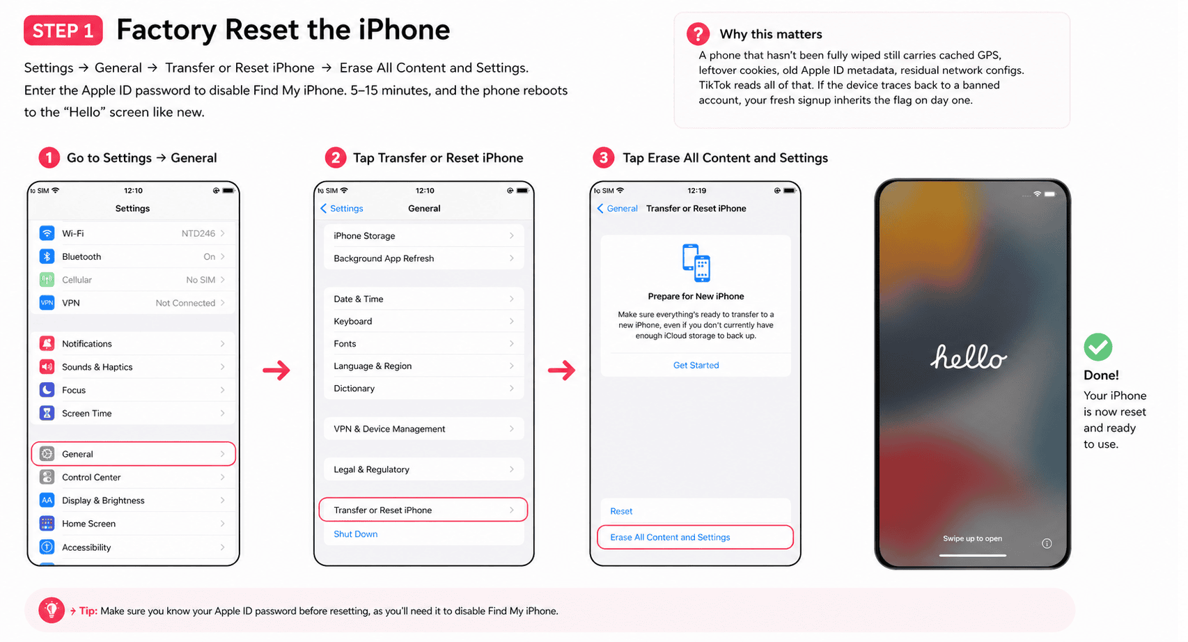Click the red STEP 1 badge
(63, 30)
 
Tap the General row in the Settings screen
(133, 454)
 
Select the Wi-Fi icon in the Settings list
(47, 233)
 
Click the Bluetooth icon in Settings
(47, 256)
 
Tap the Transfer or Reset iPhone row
(423, 510)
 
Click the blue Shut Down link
(355, 534)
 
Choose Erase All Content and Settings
(695, 537)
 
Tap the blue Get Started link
(696, 365)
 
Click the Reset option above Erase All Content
(621, 511)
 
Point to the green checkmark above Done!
(1098, 347)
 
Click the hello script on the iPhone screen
(969, 357)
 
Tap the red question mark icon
(698, 34)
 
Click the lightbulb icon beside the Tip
(52, 610)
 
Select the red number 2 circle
(335, 157)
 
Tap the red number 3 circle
(604, 157)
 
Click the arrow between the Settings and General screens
(276, 370)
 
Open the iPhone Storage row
(424, 235)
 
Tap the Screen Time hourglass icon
(47, 413)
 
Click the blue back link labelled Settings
(342, 208)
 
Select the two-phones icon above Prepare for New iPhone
(696, 263)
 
